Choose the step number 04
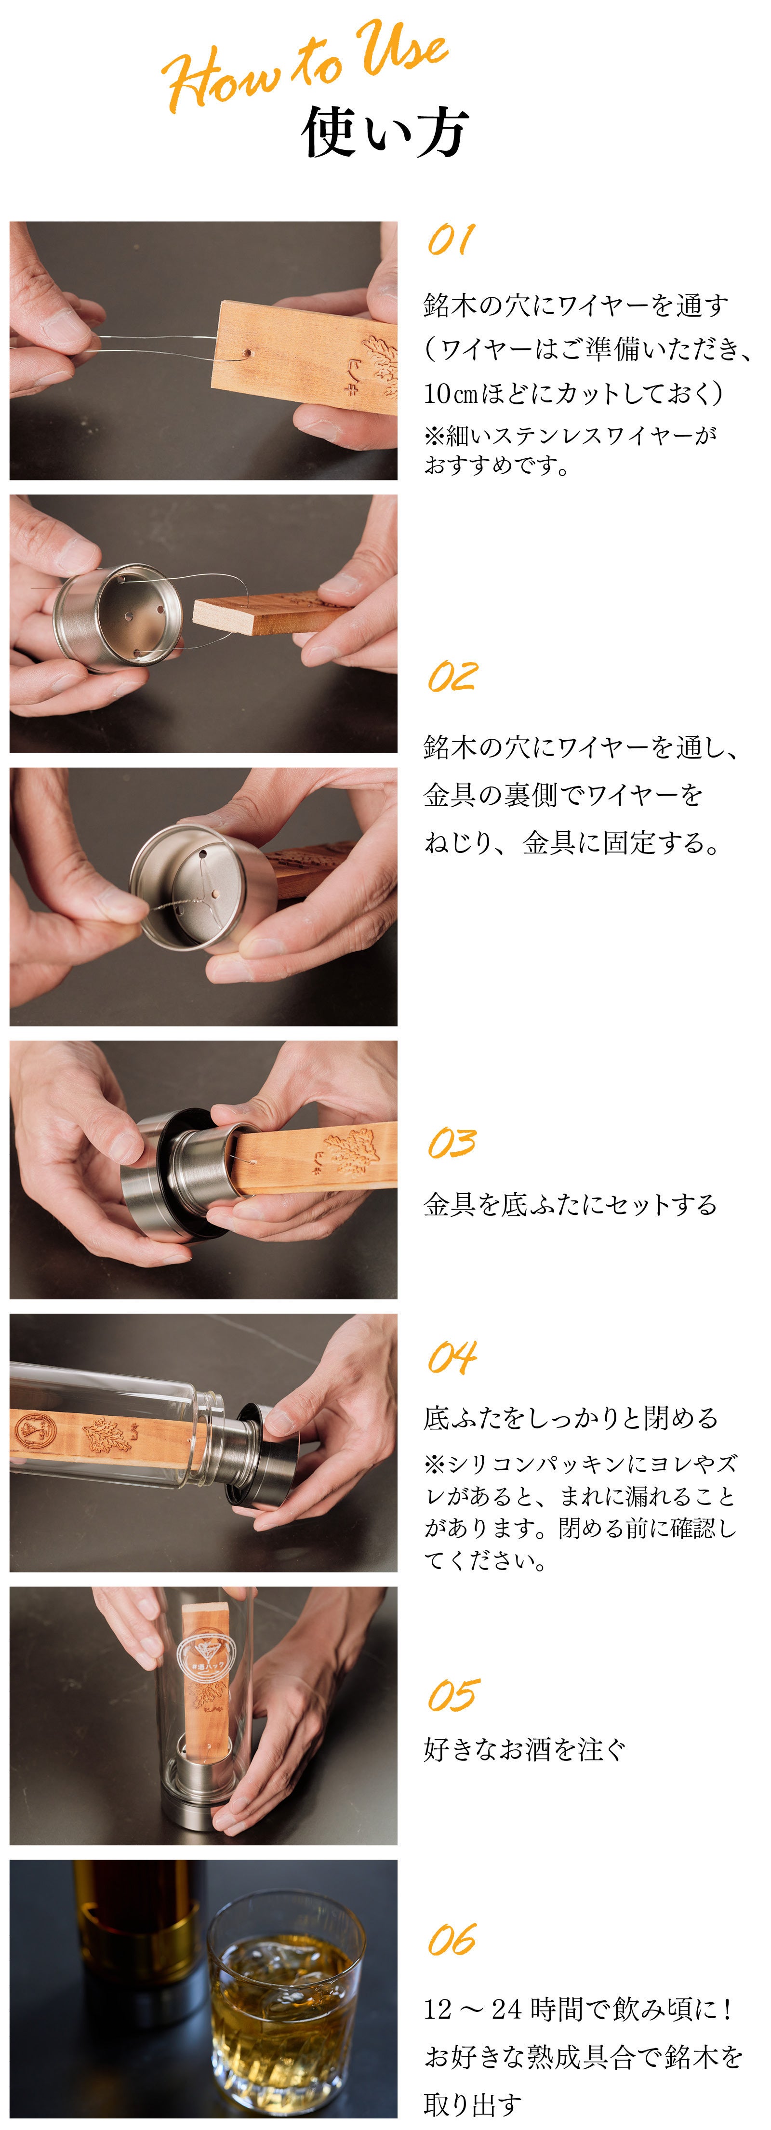tap(452, 1357)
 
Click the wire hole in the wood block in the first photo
tap(247, 354)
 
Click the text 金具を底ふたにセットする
tap(570, 1205)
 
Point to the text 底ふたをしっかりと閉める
tap(571, 1418)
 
